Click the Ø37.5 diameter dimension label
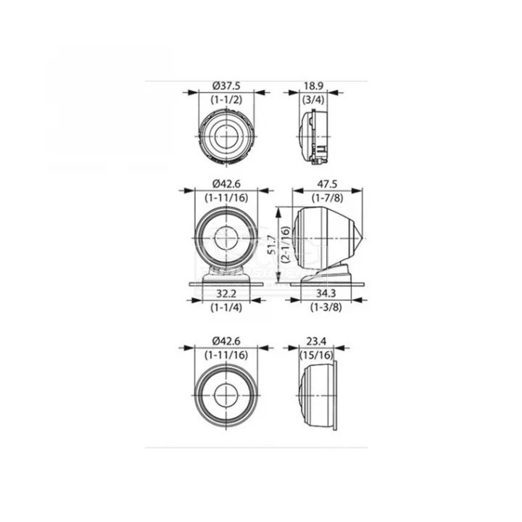click(226, 86)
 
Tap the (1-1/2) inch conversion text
click(226, 99)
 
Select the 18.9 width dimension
click(313, 86)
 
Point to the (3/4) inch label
click(313, 99)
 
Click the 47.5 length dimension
click(327, 183)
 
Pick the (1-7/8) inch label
click(327, 198)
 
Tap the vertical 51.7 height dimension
click(272, 244)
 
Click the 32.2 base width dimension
click(226, 294)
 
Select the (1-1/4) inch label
click(226, 307)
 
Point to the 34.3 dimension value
click(326, 294)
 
